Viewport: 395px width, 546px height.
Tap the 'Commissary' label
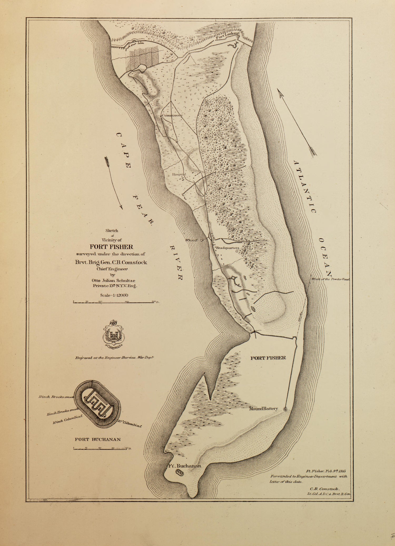(x=172, y=115)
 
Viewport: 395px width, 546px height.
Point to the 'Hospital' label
(x=179, y=174)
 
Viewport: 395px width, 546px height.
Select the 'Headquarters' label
(x=228, y=248)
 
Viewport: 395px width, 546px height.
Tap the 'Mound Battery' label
(x=264, y=409)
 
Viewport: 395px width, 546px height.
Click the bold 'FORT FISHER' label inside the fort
(x=268, y=358)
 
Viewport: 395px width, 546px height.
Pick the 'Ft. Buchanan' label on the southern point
(x=185, y=466)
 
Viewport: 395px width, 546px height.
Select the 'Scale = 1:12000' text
(x=114, y=295)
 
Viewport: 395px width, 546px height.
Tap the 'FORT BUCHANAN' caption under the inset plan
(x=98, y=439)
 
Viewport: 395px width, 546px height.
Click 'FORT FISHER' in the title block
(x=111, y=247)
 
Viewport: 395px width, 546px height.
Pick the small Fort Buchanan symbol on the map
(x=179, y=473)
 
